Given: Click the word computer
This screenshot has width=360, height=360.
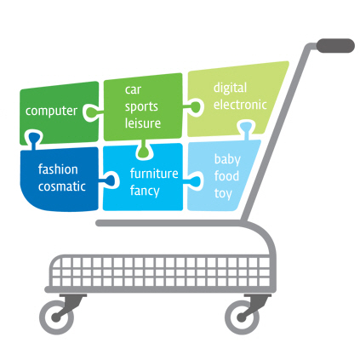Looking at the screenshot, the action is click(x=51, y=111).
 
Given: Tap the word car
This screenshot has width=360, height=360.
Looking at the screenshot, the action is click(x=133, y=90).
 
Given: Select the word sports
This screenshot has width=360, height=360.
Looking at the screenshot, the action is click(x=141, y=107).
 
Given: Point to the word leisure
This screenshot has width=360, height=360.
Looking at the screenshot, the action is click(x=143, y=123).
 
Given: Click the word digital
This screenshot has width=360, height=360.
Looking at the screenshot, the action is click(x=230, y=89).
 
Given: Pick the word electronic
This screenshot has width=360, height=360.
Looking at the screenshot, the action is click(x=240, y=105).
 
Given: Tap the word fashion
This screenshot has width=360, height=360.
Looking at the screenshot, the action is click(x=58, y=169).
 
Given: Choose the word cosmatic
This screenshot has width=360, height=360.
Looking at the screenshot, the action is click(x=62, y=186).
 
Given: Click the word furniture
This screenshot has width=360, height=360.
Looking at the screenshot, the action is click(x=154, y=174).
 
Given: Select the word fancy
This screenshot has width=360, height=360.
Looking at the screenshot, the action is click(x=145, y=191).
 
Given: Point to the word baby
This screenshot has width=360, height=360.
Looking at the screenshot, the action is click(x=227, y=159).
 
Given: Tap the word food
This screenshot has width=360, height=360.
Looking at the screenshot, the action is click(x=226, y=176).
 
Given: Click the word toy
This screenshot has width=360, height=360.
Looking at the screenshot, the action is click(x=223, y=193).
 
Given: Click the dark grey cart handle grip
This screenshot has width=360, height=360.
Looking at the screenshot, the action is click(x=335, y=46).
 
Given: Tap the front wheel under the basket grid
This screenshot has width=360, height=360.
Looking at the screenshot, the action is click(x=56, y=317).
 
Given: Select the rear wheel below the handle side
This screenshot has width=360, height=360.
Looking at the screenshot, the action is click(x=242, y=317).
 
